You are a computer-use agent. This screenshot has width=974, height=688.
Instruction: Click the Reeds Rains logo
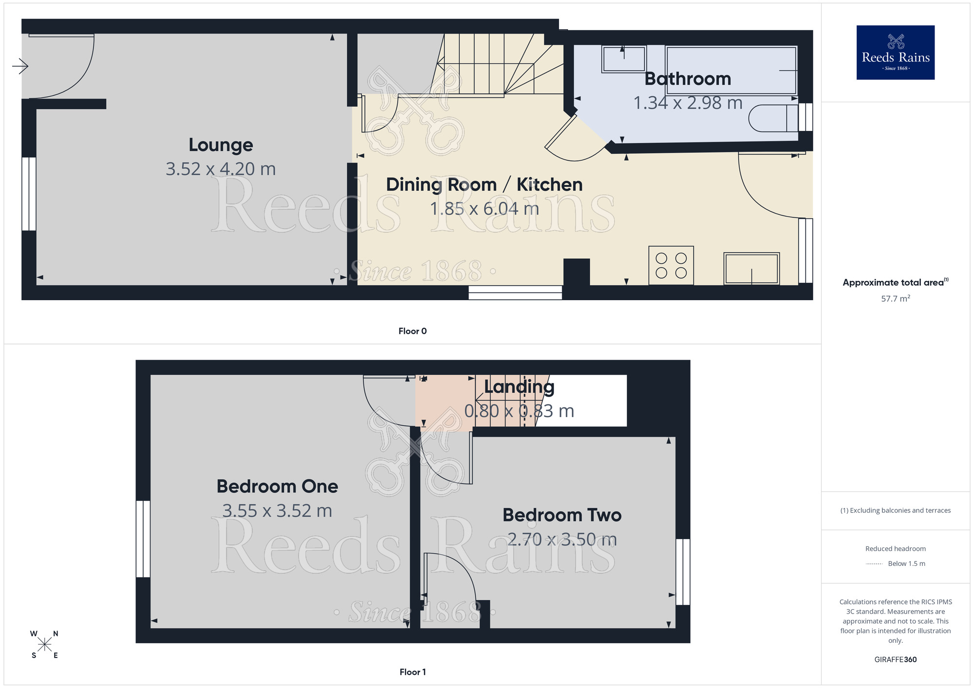895,53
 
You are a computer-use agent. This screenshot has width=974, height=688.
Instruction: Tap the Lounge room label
221,145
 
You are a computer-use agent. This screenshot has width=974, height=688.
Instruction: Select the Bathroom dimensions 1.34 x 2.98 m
687,103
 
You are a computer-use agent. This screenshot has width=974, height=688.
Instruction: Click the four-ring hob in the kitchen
671,266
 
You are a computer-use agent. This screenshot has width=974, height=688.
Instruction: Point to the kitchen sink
751,268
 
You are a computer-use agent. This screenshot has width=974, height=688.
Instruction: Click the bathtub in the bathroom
730,70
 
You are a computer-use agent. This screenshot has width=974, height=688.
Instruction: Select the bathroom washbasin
623,59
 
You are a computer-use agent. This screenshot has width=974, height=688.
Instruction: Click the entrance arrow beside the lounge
20,66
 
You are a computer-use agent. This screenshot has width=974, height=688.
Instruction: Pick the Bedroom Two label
562,515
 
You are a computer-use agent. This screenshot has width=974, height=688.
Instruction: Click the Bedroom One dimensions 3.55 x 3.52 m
277,511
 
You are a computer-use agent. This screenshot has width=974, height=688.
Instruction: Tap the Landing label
519,387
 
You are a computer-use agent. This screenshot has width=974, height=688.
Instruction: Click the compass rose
44,645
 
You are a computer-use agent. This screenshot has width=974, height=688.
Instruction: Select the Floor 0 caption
412,331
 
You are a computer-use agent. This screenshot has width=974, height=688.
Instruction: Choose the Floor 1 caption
412,672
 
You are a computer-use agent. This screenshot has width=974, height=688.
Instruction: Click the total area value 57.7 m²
895,299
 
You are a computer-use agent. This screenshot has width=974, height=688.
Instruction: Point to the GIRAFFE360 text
895,660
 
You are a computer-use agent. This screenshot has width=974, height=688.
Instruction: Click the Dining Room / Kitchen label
484,185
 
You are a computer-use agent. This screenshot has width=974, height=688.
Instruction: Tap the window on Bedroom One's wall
143,539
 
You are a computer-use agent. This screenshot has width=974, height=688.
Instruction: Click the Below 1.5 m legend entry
906,563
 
